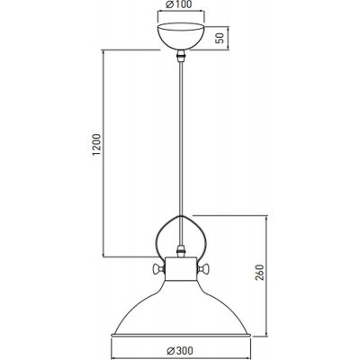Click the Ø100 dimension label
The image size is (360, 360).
point(180,7)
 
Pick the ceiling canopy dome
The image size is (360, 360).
point(180,37)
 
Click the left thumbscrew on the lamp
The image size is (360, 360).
point(157,267)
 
